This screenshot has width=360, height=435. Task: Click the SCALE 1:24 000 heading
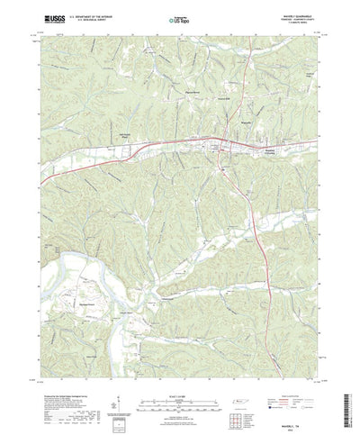pos(179,378)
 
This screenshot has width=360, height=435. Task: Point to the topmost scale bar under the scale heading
pos(179,385)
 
